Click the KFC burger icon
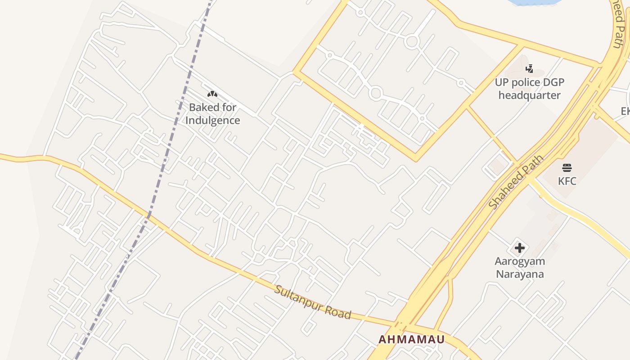pyautogui.click(x=567, y=168)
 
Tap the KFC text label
pyautogui.click(x=567, y=181)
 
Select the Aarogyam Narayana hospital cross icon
pyautogui.click(x=520, y=248)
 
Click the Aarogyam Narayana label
pyautogui.click(x=520, y=267)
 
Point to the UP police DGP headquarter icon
pyautogui.click(x=530, y=69)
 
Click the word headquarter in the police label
pyautogui.click(x=530, y=95)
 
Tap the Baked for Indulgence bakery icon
pyautogui.click(x=212, y=94)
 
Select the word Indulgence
pyautogui.click(x=212, y=121)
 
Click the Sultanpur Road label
pyautogui.click(x=313, y=302)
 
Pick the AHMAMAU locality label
pyautogui.click(x=411, y=339)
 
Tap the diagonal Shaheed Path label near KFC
pyautogui.click(x=516, y=182)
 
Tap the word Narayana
pyautogui.click(x=520, y=274)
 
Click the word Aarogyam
pyautogui.click(x=520, y=261)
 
